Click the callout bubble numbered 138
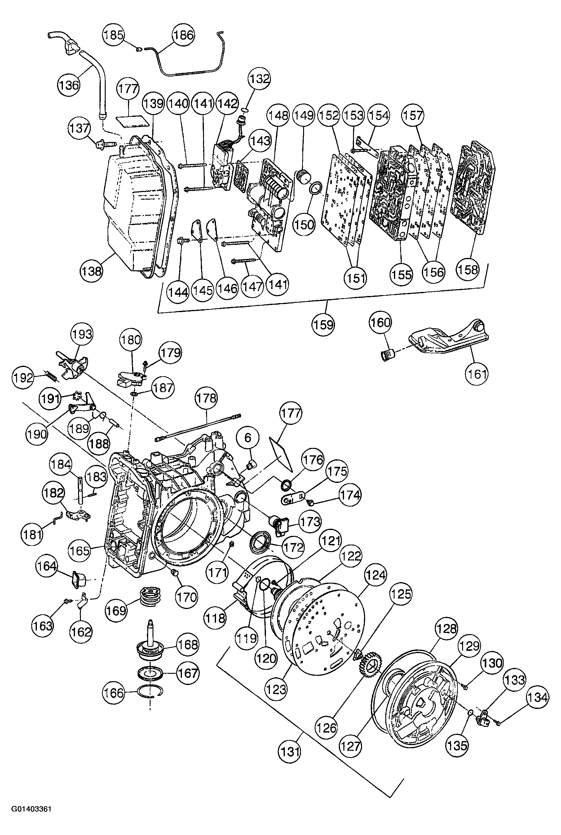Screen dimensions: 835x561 coord(91,271)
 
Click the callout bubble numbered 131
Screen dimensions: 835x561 coord(290,751)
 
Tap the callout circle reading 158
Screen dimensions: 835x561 coord(468,270)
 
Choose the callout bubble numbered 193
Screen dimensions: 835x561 coord(81,334)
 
